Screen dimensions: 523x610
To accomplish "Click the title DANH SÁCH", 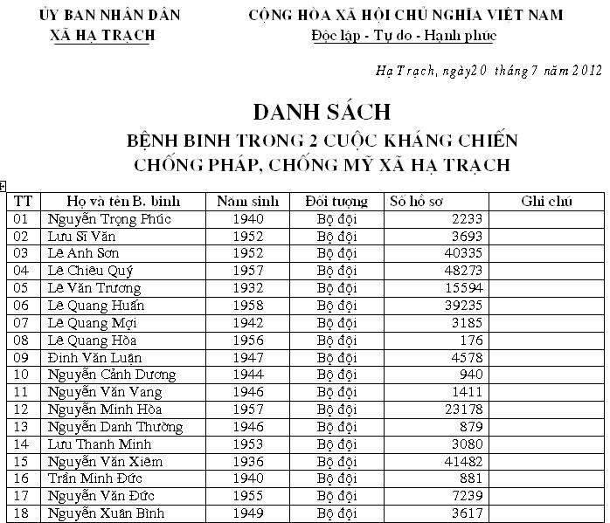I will (x=321, y=113).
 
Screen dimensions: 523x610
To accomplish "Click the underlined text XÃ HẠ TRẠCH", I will (x=104, y=35).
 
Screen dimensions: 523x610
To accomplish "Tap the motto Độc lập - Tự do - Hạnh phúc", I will (x=403, y=35).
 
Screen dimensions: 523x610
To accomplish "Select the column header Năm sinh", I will (x=248, y=202).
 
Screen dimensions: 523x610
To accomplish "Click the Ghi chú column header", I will (x=545, y=202).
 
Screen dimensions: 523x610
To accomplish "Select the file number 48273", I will (x=463, y=271).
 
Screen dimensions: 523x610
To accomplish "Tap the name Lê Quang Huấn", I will (x=96, y=306).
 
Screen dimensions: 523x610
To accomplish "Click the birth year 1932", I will (x=248, y=288).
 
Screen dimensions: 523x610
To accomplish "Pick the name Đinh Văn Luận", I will (x=94, y=358).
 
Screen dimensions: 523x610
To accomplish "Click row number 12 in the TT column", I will (x=23, y=409).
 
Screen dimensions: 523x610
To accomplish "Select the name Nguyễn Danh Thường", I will (x=115, y=427).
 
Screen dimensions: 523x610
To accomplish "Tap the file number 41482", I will (x=463, y=462).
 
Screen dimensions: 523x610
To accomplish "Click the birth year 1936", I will (x=248, y=462).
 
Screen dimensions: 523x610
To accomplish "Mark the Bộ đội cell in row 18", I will (x=336, y=513).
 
